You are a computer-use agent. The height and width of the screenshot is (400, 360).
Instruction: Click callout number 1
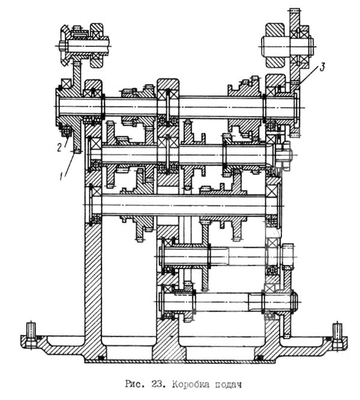click(61, 177)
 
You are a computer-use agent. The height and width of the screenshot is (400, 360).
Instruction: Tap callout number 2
click(59, 147)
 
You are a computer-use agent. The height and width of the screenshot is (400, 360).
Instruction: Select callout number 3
click(322, 68)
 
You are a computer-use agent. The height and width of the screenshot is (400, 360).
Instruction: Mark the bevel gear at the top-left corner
click(64, 45)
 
